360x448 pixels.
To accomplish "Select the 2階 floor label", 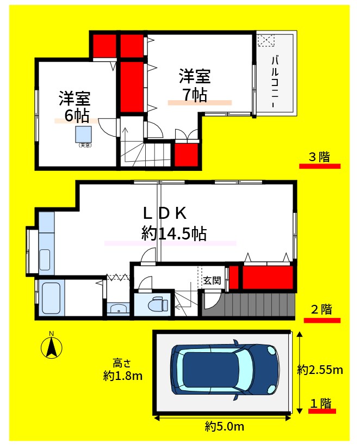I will click(x=321, y=310).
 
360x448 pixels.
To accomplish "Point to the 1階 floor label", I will click(x=321, y=403).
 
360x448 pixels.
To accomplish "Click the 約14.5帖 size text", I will click(x=173, y=234).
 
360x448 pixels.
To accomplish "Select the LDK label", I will click(x=165, y=212).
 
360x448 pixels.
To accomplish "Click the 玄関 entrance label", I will click(x=212, y=281).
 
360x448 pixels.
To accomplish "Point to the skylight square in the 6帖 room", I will click(x=85, y=134).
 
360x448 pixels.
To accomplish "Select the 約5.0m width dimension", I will click(x=224, y=426).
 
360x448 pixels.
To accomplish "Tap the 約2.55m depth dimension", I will click(x=320, y=370).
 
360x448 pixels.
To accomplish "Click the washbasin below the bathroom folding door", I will click(x=117, y=309).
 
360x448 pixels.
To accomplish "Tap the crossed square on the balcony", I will click(x=266, y=40).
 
